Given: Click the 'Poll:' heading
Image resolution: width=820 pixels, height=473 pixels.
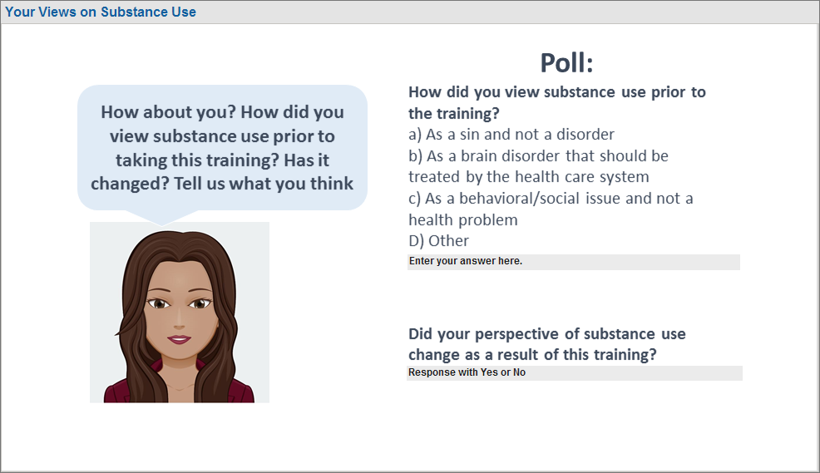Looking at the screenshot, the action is (x=566, y=62).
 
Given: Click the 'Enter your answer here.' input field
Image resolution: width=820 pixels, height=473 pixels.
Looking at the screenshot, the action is (x=574, y=262).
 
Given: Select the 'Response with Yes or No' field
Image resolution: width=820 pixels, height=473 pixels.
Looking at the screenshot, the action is (x=575, y=372).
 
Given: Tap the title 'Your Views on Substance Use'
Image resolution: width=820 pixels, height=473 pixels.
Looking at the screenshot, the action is (x=101, y=12).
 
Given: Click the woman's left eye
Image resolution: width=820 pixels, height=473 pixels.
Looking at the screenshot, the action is (x=199, y=303).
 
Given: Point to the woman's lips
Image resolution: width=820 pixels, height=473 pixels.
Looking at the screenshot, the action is (x=179, y=339).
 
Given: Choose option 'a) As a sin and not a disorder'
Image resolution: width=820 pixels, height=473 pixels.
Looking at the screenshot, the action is (x=511, y=135).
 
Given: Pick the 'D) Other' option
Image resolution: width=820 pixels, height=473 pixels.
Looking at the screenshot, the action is (x=439, y=241).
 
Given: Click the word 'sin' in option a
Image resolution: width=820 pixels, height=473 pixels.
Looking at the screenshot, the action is (x=470, y=135).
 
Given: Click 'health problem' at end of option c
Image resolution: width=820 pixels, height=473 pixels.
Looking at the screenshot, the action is (x=463, y=220).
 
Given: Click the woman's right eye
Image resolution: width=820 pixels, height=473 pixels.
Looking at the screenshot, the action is (x=159, y=303).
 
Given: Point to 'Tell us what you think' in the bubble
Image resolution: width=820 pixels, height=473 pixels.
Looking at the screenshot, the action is (x=264, y=184).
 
